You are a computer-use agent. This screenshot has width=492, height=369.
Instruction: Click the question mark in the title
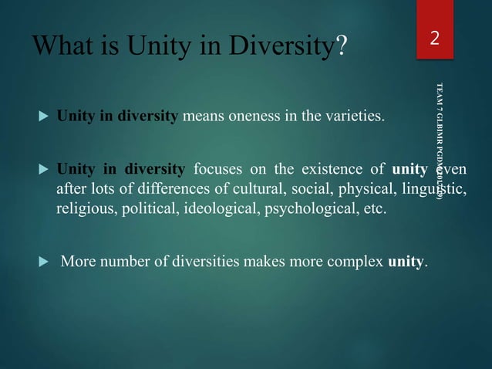pos(341,49)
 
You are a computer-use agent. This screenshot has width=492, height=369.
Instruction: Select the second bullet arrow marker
pos(42,168)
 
